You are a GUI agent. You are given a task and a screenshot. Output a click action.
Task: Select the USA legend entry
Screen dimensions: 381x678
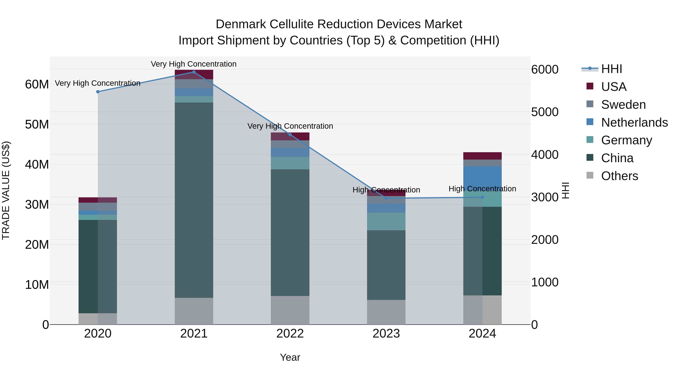[x=613, y=87]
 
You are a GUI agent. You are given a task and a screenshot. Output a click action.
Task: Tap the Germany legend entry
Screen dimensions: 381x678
[x=626, y=140]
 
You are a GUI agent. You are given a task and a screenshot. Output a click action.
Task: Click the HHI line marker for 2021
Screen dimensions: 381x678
[x=194, y=72]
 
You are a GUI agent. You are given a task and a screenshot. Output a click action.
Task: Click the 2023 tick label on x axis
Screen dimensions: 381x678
[x=386, y=334]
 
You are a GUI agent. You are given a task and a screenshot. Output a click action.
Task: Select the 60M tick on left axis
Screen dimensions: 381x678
[x=37, y=84]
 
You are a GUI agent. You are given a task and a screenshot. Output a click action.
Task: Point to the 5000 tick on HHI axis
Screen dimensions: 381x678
[x=544, y=112]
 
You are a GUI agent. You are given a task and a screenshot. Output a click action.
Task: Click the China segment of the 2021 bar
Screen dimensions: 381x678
[x=194, y=200]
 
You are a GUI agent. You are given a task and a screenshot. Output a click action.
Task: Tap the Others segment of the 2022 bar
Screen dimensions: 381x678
[x=290, y=310]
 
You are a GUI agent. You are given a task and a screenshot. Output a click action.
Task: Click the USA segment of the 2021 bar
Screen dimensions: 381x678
[x=194, y=74]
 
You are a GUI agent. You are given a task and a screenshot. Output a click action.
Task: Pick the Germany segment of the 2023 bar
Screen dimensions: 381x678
[x=386, y=221]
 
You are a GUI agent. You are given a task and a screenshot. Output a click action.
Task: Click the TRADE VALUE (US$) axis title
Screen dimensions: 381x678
[x=6, y=190]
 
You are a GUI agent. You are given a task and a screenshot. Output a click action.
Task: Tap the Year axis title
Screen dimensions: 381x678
[x=290, y=357]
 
